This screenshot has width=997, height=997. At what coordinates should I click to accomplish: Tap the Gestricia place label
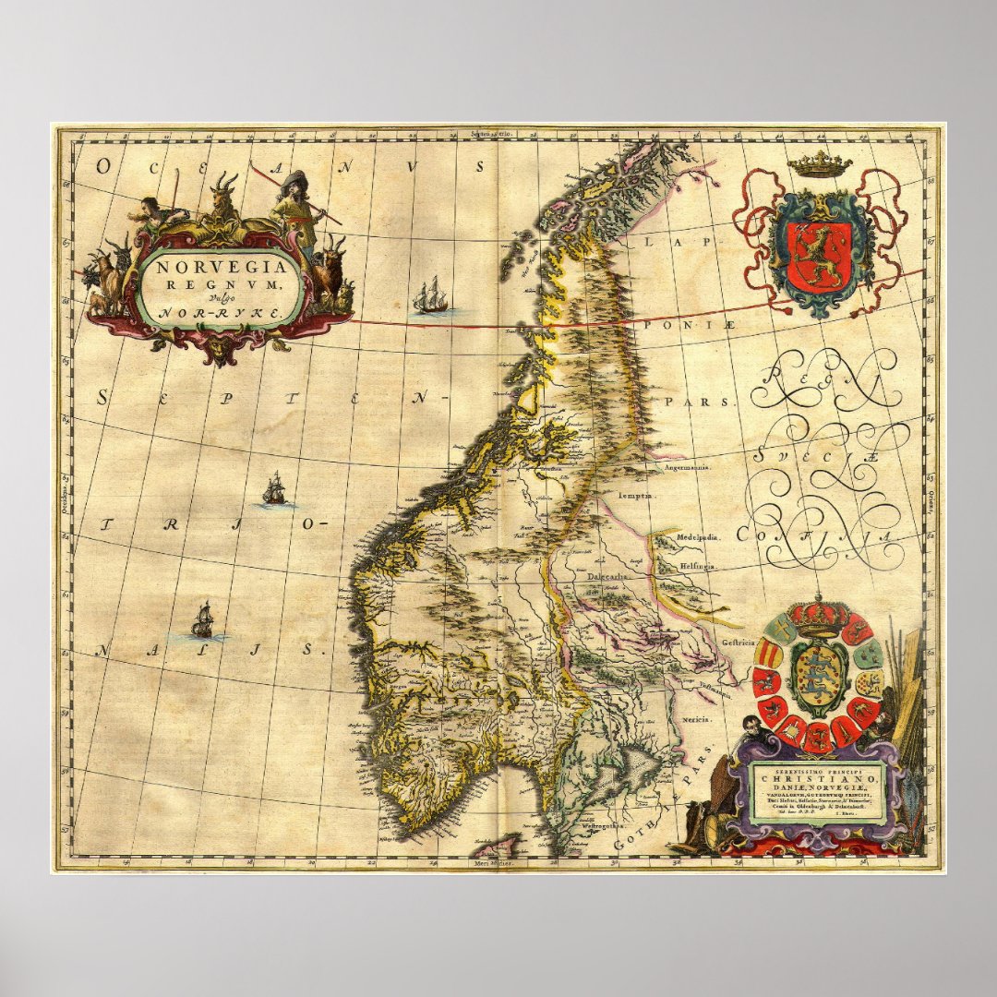pos(739,641)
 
